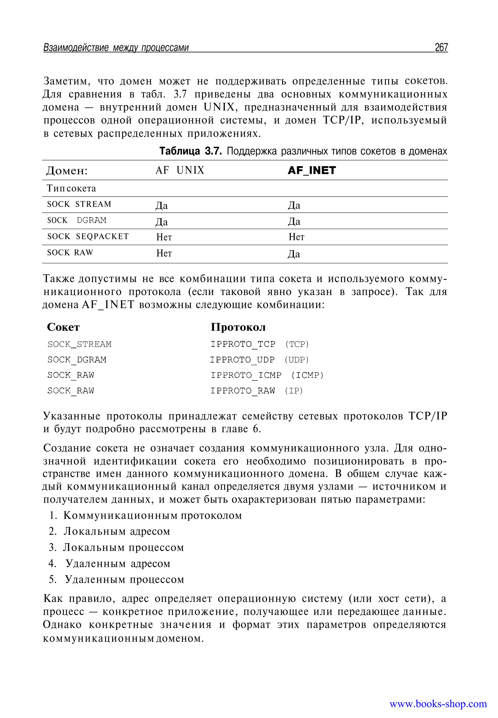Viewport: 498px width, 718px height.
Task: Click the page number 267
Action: [x=441, y=47]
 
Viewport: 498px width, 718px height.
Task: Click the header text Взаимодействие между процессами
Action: [x=116, y=48]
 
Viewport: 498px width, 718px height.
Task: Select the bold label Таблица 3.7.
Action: [x=191, y=151]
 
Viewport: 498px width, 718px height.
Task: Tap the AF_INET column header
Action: [x=312, y=170]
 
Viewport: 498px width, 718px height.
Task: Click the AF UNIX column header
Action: [x=180, y=170]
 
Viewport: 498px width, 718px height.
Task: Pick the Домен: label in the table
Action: [x=67, y=171]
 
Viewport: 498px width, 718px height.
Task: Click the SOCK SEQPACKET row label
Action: [x=88, y=236]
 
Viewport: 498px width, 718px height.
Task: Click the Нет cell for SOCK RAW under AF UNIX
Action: [x=164, y=253]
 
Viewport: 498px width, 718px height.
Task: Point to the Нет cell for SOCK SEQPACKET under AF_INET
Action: [x=296, y=237]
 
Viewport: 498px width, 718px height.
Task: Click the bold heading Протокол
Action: [x=238, y=327]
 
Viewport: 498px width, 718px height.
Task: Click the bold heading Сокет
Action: [x=63, y=327]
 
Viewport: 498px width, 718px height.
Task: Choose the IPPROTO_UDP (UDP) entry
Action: [x=259, y=360]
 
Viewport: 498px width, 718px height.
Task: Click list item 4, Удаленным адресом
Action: [x=118, y=564]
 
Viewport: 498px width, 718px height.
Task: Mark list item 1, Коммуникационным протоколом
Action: [x=152, y=516]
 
